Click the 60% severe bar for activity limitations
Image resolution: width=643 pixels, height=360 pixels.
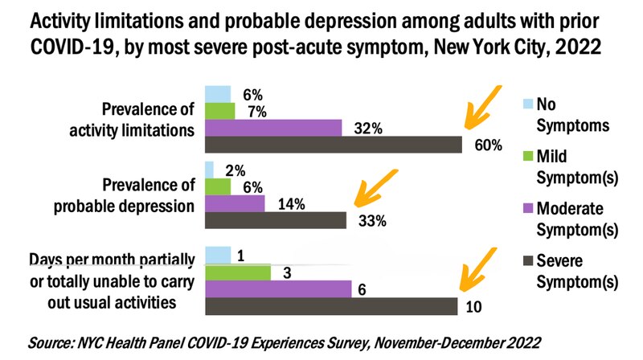334,144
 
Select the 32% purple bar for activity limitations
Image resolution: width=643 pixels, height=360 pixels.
273,128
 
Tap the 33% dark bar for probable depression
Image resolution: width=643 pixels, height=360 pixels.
276,220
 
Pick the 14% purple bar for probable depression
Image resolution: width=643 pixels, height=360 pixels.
235,203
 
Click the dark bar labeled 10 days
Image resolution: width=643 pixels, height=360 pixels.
330,307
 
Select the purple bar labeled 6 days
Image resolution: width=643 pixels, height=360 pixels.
278,289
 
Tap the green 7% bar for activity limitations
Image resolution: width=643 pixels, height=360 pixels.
220,111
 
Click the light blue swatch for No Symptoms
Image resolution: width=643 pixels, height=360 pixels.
527,103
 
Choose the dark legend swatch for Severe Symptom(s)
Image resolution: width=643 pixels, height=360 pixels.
527,260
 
